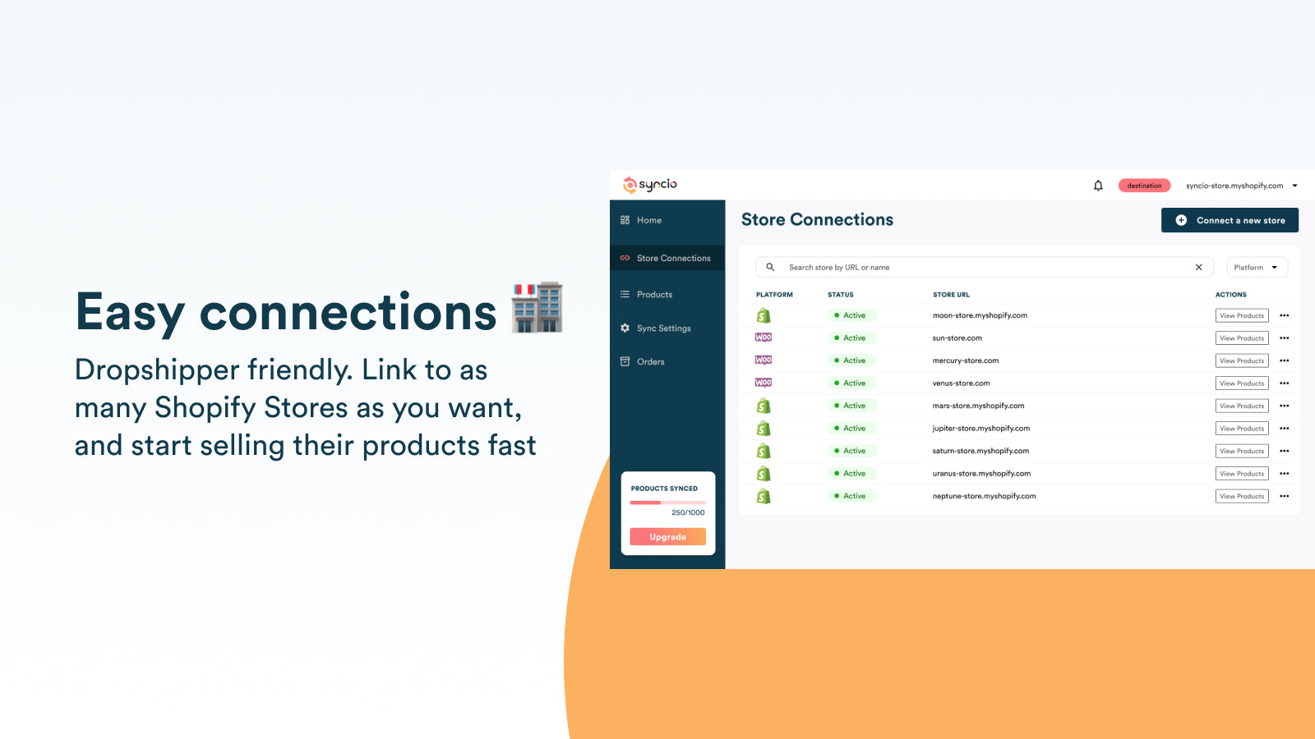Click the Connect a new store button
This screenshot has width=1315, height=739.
pyautogui.click(x=1230, y=220)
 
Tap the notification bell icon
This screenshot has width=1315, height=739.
pyautogui.click(x=1098, y=186)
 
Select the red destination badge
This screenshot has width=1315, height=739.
pyautogui.click(x=1144, y=186)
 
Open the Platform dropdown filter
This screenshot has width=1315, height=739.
pyautogui.click(x=1257, y=267)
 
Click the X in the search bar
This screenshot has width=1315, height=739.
pyautogui.click(x=1199, y=267)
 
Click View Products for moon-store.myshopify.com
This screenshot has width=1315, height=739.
pyautogui.click(x=1242, y=315)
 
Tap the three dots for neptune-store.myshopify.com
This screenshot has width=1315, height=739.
pyautogui.click(x=1285, y=496)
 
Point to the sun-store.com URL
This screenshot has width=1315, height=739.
pyautogui.click(x=957, y=337)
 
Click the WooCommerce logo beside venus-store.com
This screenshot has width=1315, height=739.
pyautogui.click(x=764, y=383)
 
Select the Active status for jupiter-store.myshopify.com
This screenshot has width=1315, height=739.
pyautogui.click(x=851, y=428)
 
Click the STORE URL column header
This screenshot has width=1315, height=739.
pyautogui.click(x=951, y=295)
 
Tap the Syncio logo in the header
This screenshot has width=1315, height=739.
pyautogui.click(x=650, y=185)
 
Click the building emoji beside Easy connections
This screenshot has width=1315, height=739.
pyautogui.click(x=537, y=307)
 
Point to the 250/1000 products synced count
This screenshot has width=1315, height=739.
pyautogui.click(x=688, y=512)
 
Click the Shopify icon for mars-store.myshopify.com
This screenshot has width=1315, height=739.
pyautogui.click(x=764, y=406)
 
